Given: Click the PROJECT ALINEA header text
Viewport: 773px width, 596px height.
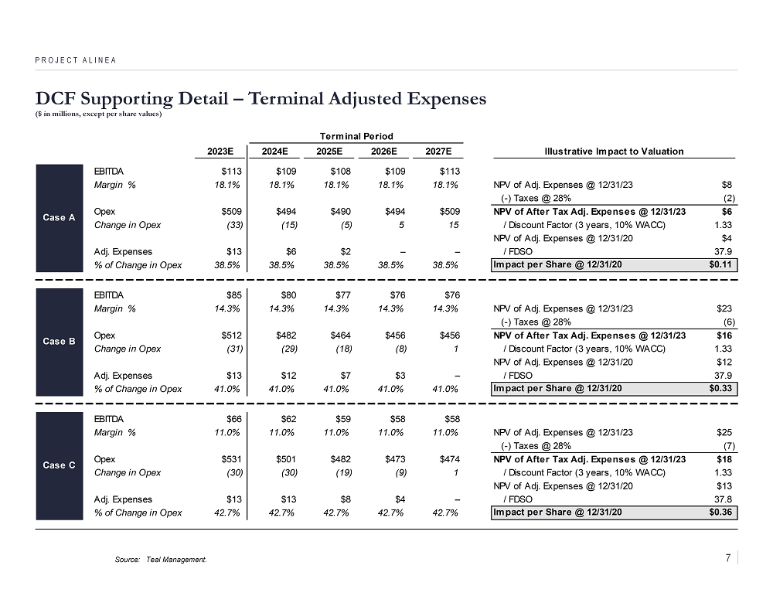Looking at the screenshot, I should point(76,60).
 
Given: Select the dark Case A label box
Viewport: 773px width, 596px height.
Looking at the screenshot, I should point(60,217).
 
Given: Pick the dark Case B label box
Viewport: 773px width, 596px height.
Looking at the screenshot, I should point(60,341).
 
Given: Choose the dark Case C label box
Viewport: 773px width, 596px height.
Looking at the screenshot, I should point(60,465).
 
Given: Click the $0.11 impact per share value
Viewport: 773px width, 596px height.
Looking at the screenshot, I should point(721,265).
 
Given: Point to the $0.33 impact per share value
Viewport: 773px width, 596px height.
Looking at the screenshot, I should point(721,389).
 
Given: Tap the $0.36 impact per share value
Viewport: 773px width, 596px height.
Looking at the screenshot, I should point(721,512).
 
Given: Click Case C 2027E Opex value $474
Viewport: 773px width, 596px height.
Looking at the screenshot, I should point(448,459).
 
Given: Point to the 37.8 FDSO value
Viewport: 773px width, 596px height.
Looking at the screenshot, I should point(724,499).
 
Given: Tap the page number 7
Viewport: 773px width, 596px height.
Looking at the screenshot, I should point(729,557).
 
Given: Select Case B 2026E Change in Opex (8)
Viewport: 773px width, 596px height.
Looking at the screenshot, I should point(397,349).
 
